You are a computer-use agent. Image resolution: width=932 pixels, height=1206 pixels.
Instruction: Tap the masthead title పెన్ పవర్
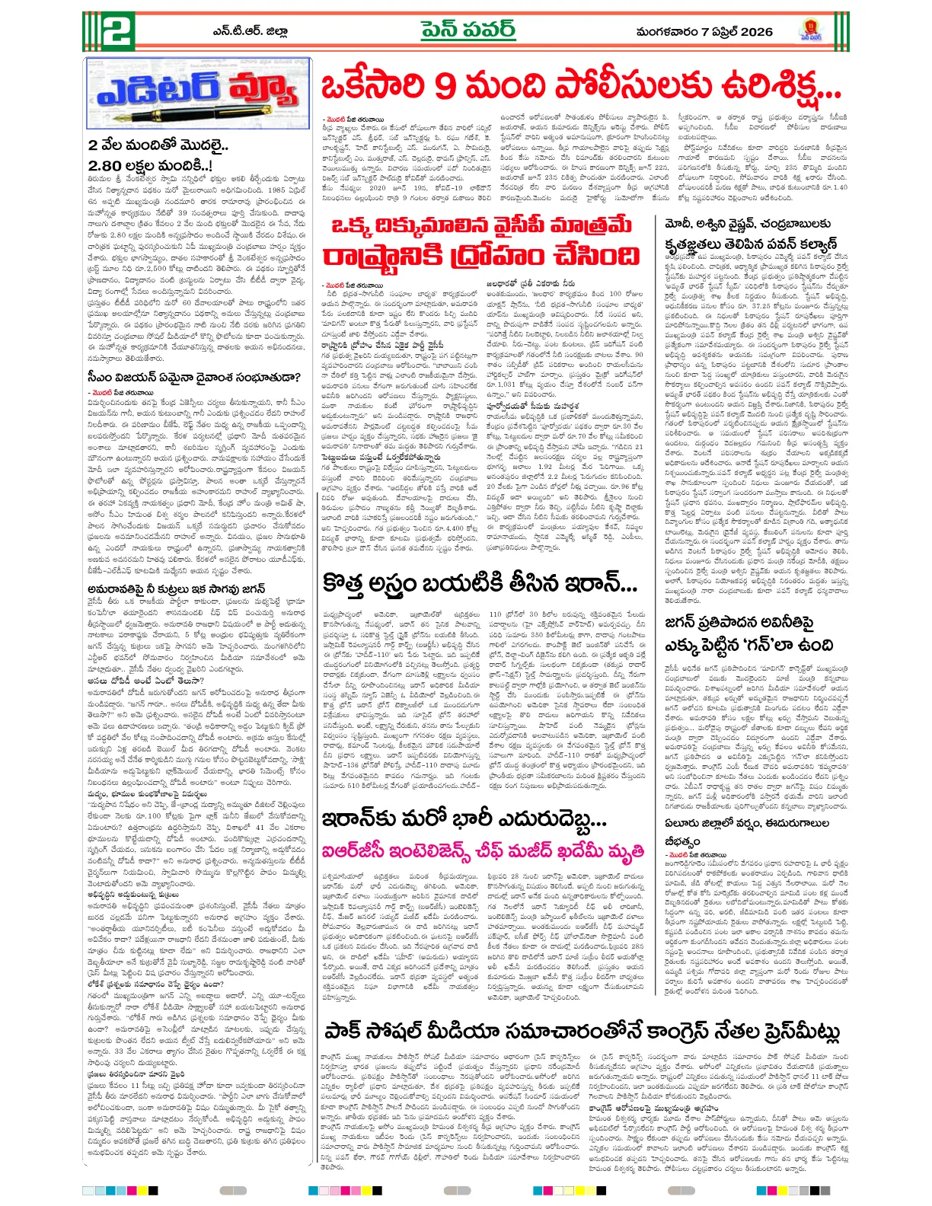point(467,30)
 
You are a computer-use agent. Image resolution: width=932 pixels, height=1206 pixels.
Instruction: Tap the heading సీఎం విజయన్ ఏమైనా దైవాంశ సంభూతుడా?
point(194,377)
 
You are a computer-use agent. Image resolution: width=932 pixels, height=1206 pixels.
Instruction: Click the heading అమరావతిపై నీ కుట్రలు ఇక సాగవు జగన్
point(176,588)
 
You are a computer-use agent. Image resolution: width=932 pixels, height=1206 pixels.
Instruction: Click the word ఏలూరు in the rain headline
point(682,824)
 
